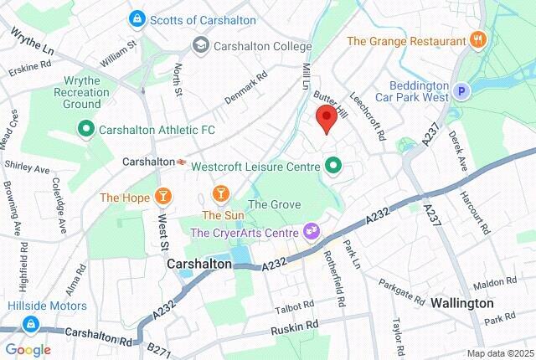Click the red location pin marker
[x=326, y=120]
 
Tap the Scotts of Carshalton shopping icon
[x=135, y=18]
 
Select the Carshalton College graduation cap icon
[x=200, y=45]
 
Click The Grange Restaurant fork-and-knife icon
[x=477, y=39]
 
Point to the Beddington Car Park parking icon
[x=461, y=91]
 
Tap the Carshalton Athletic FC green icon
[x=85, y=129]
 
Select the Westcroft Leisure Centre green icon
[x=333, y=166]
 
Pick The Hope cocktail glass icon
[x=163, y=198]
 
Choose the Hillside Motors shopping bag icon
[x=31, y=321]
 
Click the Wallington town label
[x=461, y=302]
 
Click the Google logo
[x=27, y=349]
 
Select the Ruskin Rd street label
[x=295, y=325]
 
